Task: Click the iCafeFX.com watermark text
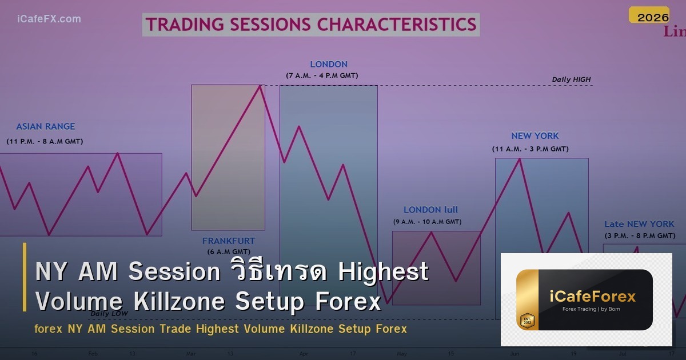point(49,19)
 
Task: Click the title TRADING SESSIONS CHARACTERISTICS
point(310,25)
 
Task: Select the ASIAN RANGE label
point(46,126)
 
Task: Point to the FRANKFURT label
point(229,241)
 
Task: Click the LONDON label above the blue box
point(329,64)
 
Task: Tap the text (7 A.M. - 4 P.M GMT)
point(322,75)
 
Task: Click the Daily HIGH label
point(571,79)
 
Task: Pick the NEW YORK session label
point(535,136)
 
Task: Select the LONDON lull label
point(430,210)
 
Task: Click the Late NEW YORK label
point(639,224)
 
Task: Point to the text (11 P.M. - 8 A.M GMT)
point(45,141)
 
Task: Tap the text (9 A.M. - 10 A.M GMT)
point(427,222)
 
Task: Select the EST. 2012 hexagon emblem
point(527,321)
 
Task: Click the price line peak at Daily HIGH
point(261,86)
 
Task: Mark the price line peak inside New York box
point(520,159)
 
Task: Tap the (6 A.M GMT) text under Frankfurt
point(229,251)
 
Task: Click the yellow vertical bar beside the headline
point(25,277)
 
